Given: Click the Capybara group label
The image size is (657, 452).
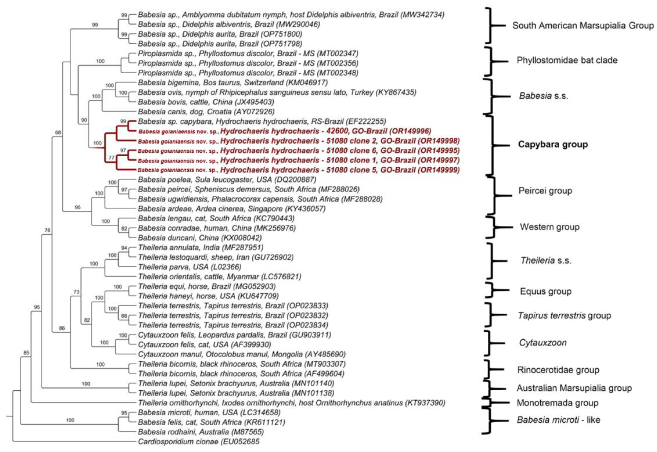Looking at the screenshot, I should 553,144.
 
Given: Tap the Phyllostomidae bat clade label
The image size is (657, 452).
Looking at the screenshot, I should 567,60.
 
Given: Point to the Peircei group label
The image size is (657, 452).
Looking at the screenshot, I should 545,191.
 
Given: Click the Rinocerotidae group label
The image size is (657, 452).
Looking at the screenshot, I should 558,370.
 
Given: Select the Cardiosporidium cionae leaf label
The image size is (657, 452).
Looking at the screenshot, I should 198,442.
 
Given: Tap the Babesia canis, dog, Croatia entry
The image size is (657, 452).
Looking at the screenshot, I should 206,112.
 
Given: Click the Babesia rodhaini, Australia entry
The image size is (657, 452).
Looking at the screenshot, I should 201,432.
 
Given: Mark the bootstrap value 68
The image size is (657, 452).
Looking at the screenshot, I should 58,132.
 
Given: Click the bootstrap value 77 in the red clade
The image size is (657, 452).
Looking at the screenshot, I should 112,157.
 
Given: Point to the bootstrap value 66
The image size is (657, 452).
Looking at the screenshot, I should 124,316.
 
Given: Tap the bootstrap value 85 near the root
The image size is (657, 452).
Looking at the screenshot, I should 26,353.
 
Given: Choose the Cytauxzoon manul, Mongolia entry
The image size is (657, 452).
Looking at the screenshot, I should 241,354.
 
